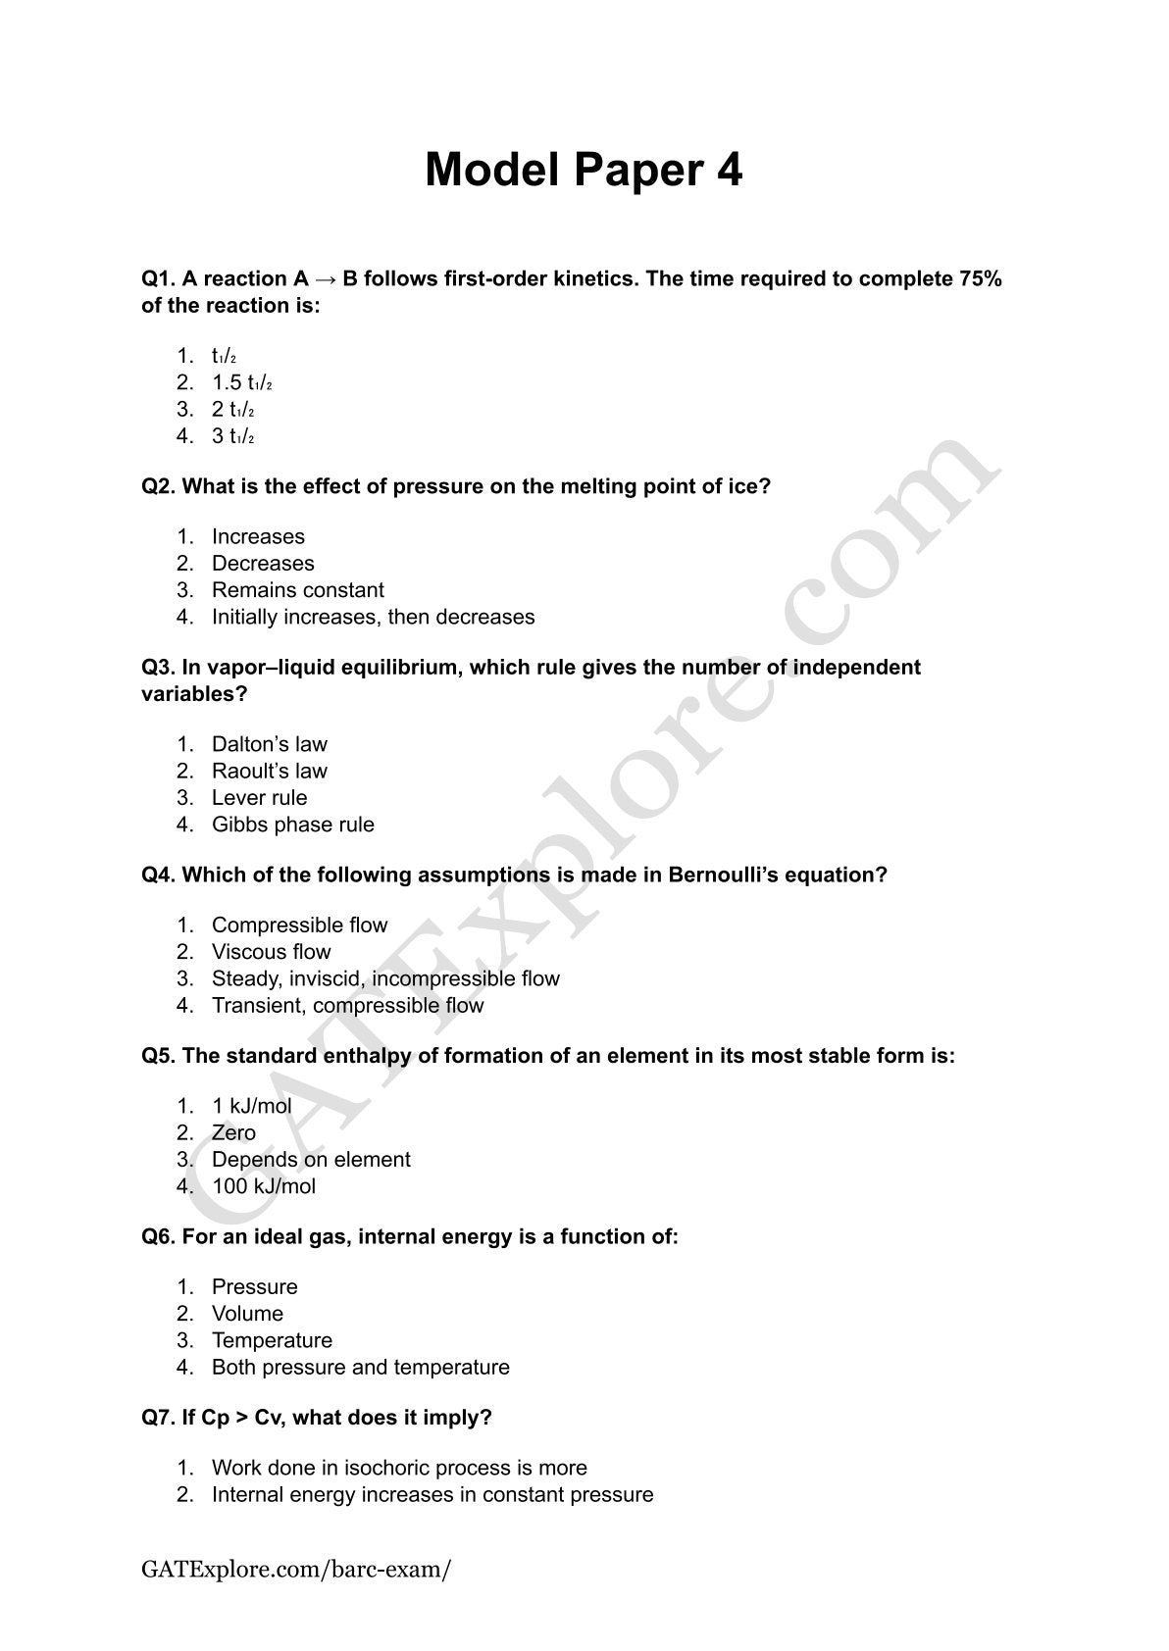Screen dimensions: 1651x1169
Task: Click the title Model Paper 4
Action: pos(584,170)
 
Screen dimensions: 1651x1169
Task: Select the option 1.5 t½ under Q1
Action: pos(241,382)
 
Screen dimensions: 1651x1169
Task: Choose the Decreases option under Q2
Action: pos(263,564)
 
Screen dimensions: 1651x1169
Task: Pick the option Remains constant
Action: pos(297,590)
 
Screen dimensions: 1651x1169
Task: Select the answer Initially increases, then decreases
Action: pos(373,618)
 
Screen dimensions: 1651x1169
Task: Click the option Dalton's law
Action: pos(269,744)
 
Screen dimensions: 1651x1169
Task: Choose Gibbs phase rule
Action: pos(292,825)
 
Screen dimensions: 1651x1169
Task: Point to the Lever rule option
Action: pos(259,798)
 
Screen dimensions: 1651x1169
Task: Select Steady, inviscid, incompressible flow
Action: pos(385,978)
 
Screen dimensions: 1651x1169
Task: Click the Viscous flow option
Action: pos(271,952)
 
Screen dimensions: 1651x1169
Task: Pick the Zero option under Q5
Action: pos(233,1133)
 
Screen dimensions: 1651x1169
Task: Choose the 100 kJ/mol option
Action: pos(263,1186)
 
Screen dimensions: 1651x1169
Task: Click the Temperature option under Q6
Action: pos(272,1340)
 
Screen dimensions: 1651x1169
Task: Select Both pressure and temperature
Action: pos(360,1368)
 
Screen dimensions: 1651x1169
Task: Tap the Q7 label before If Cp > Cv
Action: pos(159,1418)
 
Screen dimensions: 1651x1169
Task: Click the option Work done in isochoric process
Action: pos(399,1469)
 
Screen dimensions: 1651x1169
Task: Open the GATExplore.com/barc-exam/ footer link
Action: pos(296,1570)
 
